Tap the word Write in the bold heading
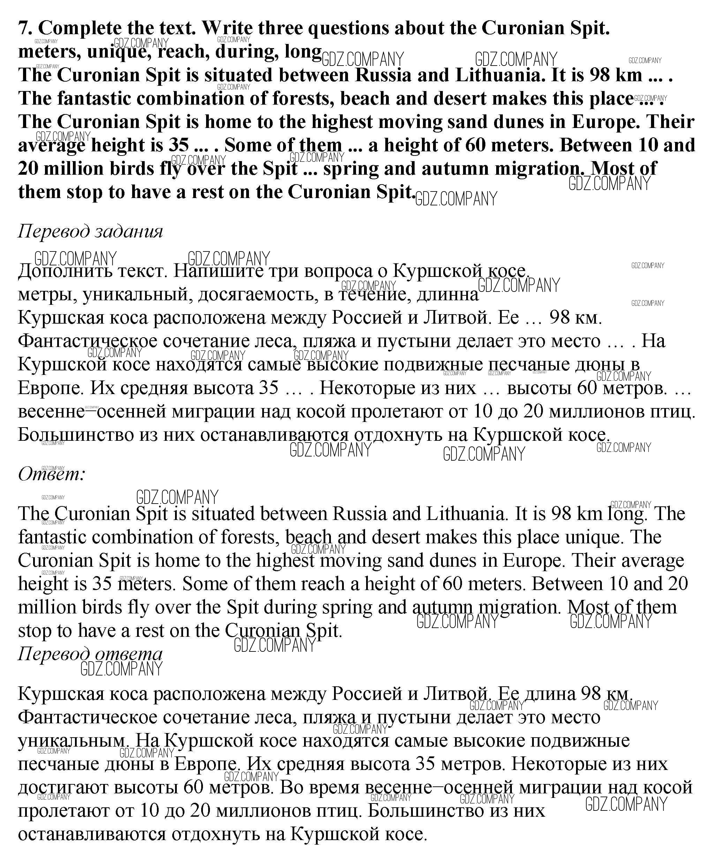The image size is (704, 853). (227, 28)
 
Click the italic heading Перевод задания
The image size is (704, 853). (90, 231)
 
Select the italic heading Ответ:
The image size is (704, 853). (52, 474)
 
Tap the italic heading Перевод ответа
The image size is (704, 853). (90, 654)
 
